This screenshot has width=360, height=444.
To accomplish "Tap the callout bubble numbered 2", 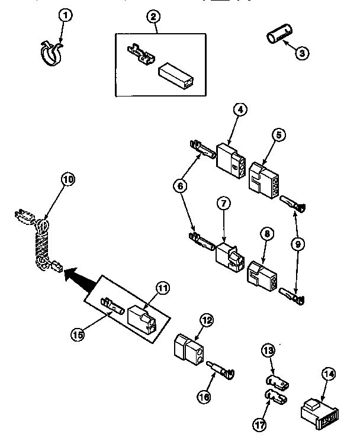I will [153, 17].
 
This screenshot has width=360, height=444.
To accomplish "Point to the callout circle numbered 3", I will [302, 53].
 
